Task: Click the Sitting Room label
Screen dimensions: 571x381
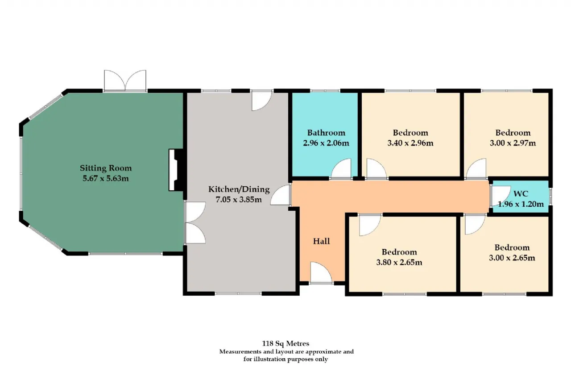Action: point(106,168)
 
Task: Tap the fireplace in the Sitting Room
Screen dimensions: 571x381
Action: point(176,170)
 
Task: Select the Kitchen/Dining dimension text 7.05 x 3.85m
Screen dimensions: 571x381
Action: point(239,200)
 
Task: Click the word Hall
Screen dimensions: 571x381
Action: point(322,241)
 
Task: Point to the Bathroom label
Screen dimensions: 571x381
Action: point(326,133)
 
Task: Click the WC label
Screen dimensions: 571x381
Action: point(521,194)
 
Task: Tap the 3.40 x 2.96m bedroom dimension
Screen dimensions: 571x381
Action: point(410,143)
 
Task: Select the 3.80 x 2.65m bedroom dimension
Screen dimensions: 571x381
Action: point(399,262)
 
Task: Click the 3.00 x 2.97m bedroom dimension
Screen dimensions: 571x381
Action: point(513,143)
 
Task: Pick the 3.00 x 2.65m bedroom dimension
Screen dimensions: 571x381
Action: point(512,258)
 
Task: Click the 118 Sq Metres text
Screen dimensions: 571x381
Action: point(285,343)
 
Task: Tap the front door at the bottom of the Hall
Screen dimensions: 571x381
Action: point(321,273)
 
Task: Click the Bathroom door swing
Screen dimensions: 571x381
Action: point(341,168)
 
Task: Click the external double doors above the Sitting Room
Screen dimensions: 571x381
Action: point(125,81)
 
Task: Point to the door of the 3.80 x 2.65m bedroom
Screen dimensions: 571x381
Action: point(370,225)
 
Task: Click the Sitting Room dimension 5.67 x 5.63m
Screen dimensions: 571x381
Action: point(106,178)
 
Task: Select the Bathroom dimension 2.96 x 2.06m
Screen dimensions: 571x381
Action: point(326,143)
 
